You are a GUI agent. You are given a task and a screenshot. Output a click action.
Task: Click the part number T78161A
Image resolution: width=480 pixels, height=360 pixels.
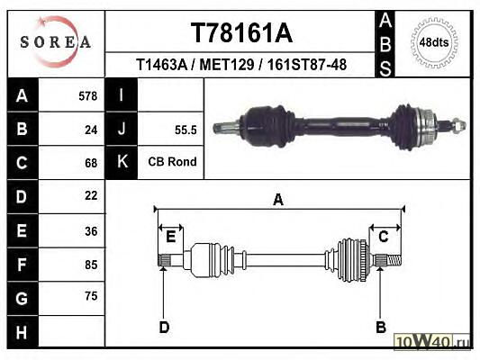click(x=241, y=33)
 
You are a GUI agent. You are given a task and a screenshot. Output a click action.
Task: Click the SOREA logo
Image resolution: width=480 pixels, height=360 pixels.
click(x=56, y=41)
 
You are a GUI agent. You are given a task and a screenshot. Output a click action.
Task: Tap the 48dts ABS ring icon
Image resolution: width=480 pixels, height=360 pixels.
click(x=434, y=42)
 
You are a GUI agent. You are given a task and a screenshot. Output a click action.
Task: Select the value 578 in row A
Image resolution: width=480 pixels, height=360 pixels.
click(x=88, y=96)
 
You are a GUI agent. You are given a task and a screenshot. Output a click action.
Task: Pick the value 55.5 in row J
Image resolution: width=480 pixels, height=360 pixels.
click(x=186, y=130)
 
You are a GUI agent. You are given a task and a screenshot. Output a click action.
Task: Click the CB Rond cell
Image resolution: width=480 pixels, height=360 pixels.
click(x=172, y=162)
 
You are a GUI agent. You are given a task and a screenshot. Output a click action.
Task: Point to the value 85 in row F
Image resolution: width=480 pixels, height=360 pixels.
click(x=91, y=265)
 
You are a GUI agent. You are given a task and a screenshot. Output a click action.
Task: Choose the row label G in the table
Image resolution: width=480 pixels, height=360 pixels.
click(x=22, y=298)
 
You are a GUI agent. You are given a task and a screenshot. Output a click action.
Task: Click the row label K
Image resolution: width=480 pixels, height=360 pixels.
click(x=122, y=161)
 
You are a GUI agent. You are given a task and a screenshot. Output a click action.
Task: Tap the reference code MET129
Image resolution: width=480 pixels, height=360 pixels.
click(x=227, y=65)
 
